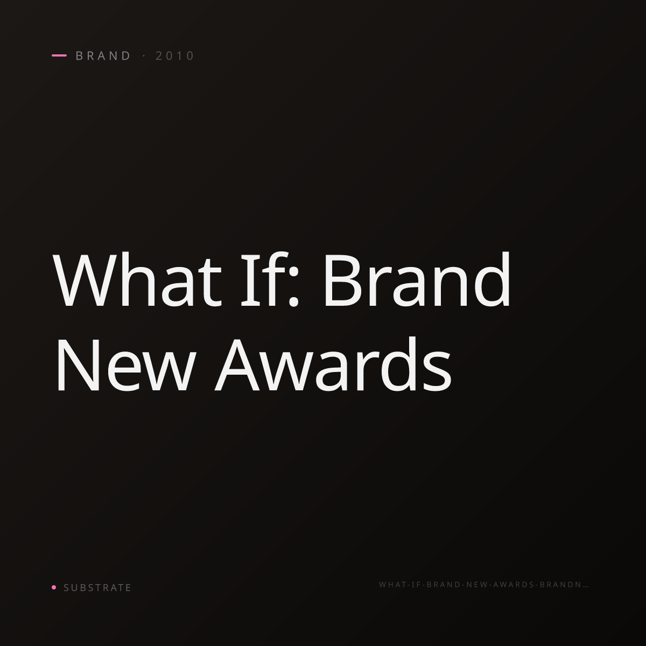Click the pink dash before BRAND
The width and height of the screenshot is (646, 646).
(59, 55)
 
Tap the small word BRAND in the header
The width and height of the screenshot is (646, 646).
(103, 55)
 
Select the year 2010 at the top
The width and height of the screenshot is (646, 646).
(174, 55)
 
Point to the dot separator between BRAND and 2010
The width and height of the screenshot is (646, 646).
(144, 55)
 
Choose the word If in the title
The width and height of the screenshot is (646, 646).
(265, 279)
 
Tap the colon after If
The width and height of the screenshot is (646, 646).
(294, 286)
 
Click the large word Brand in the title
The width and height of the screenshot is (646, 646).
(417, 279)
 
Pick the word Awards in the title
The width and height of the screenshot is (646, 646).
(333, 363)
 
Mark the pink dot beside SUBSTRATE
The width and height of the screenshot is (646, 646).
(54, 587)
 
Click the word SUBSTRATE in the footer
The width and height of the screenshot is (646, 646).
(97, 587)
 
